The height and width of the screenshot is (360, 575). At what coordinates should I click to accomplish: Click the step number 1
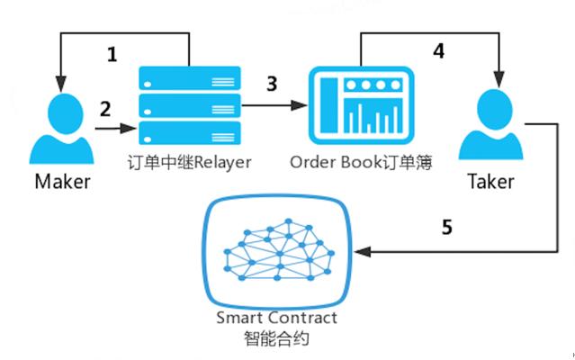click(x=112, y=55)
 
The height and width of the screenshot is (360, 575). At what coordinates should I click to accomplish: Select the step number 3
click(x=271, y=84)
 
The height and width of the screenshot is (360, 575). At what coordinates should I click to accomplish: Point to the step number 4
click(x=438, y=51)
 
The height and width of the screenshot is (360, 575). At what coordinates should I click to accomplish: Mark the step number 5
click(x=446, y=226)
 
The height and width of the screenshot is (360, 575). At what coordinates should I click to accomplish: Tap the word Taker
click(x=490, y=182)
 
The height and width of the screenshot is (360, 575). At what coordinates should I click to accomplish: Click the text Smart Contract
click(x=277, y=318)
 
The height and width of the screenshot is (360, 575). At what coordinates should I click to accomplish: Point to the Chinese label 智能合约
click(x=277, y=340)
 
